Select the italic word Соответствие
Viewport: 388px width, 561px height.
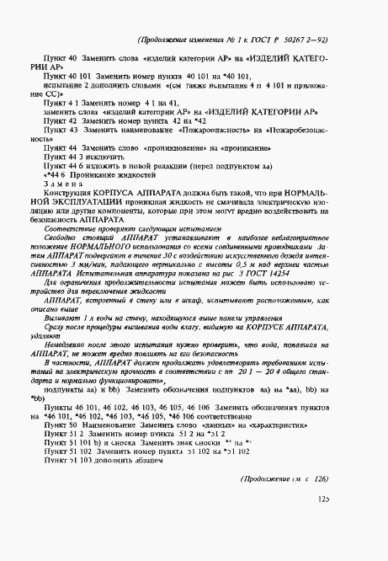tap(68, 227)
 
